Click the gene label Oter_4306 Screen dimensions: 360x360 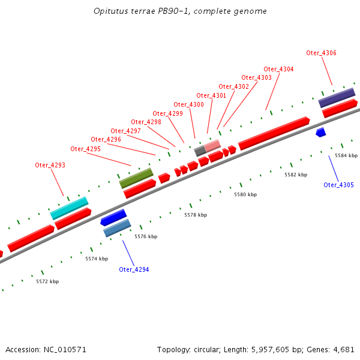pos(321,53)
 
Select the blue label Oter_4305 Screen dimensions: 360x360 pos(338,185)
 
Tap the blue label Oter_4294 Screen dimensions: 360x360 pos(134,269)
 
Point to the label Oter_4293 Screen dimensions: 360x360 pos(50,165)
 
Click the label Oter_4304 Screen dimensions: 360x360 pos(278,69)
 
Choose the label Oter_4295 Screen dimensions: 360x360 pos(85,149)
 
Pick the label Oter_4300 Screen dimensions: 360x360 pos(188,104)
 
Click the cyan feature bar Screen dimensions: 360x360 pos(69,208)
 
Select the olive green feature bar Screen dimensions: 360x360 pos(136,178)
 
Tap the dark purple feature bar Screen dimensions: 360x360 pos(337,97)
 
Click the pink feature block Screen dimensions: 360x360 pos(212,146)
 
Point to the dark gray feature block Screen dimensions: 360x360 pos(200,151)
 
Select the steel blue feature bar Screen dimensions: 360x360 pos(117,228)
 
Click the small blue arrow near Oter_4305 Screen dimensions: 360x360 pos(321,132)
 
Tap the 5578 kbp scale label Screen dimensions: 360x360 pos(195,214)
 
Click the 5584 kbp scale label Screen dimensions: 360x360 pos(346,155)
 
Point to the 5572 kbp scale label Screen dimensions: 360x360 pos(47,281)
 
